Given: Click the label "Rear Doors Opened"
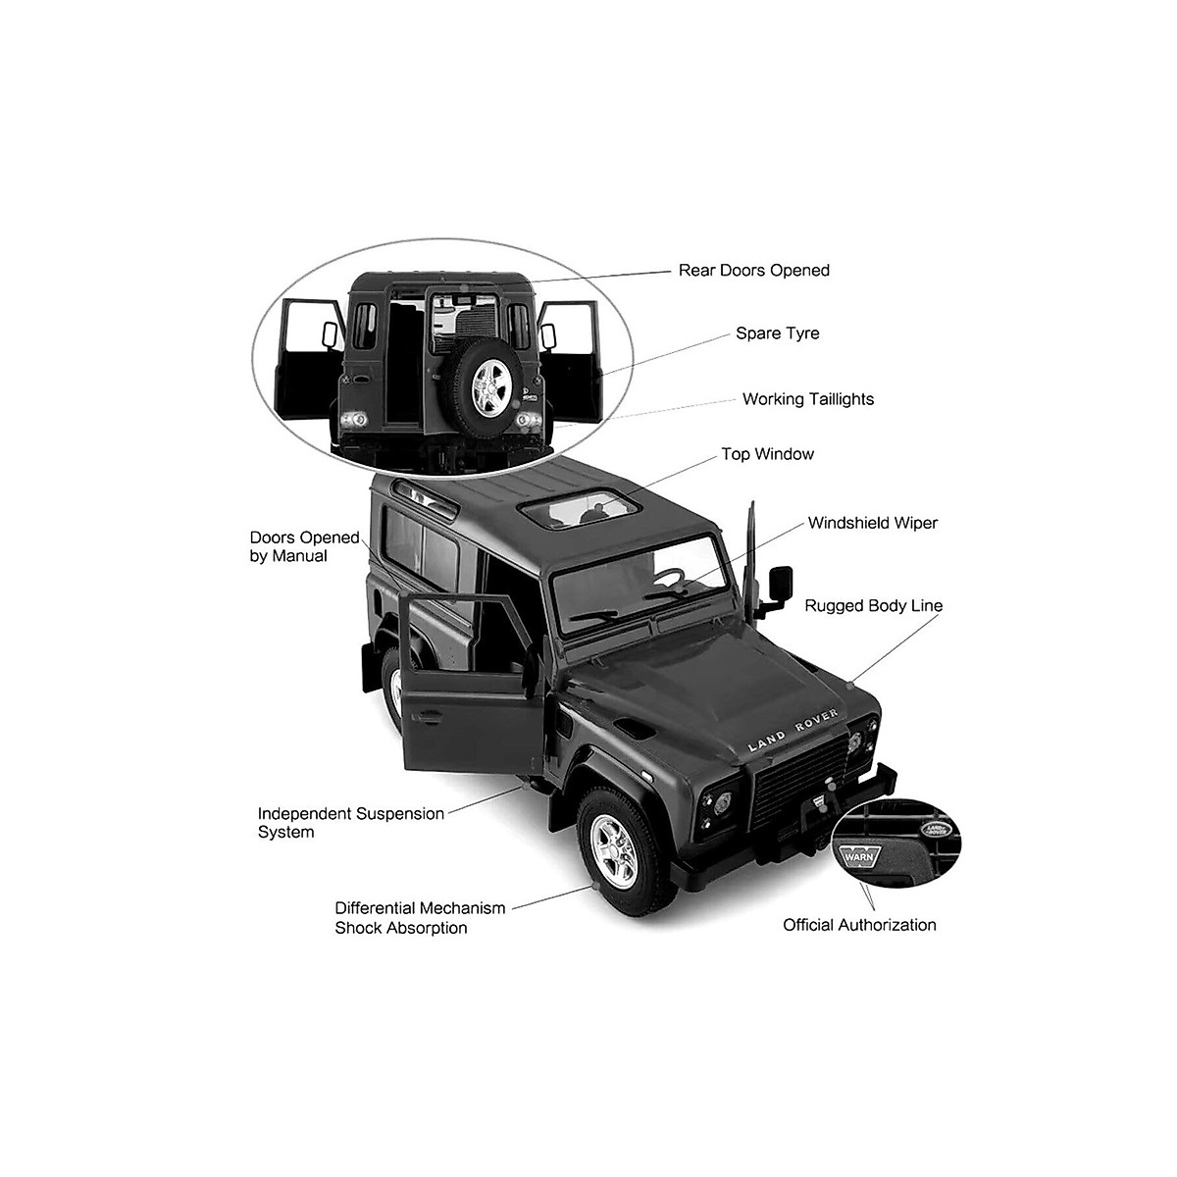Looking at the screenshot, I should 753,271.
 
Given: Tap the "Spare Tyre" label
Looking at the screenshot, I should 777,333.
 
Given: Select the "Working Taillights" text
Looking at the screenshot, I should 807,399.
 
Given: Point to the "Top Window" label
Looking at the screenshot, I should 767,454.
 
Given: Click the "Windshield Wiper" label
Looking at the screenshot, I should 872,523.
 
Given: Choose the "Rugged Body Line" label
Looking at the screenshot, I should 873,606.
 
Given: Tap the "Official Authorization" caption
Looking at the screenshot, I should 859,925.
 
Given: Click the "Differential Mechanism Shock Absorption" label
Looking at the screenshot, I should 420,918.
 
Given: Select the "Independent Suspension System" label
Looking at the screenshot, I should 350,823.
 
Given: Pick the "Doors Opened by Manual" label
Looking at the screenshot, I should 304,546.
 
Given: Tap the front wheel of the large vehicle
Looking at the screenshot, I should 616,848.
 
